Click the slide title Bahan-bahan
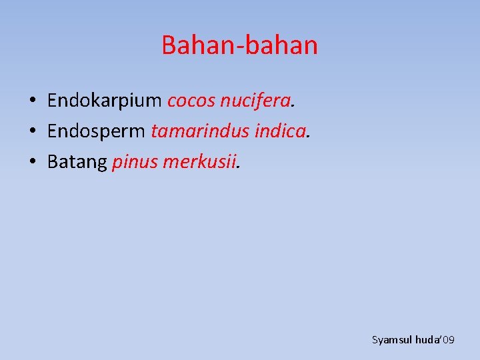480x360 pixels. (x=239, y=45)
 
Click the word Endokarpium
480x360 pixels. (x=105, y=101)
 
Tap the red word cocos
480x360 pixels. (x=190, y=101)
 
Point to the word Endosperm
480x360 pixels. (x=96, y=131)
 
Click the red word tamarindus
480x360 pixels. (x=200, y=131)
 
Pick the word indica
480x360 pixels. (x=279, y=131)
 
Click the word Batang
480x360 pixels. (x=77, y=162)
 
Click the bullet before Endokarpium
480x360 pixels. (x=32, y=101)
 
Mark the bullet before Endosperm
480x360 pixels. (x=32, y=132)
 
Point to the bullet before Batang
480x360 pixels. (x=32, y=163)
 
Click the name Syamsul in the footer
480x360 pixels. (x=392, y=340)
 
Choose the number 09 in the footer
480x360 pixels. (x=448, y=340)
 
